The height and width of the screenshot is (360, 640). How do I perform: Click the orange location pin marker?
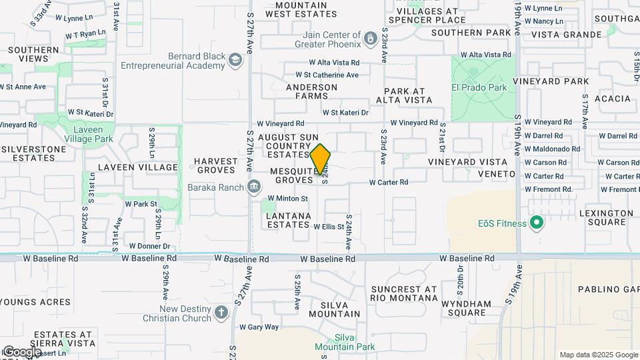pos(321,160)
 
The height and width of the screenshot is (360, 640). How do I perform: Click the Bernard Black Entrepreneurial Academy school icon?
pos(234,61)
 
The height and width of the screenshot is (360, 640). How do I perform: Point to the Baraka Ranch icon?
pos(253,187)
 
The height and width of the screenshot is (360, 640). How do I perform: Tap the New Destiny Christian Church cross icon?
pos(221,313)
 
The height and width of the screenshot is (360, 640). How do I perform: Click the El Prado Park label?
pos(479,87)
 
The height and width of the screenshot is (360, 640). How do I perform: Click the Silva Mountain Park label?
pos(345,342)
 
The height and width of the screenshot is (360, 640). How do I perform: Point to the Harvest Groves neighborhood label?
pos(215,166)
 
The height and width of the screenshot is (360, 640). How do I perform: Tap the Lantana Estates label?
pos(289,221)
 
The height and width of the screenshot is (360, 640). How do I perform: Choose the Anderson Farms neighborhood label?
pos(312,91)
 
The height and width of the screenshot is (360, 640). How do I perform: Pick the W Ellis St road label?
pos(329,227)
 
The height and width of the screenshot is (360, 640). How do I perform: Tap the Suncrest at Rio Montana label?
pos(404,294)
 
